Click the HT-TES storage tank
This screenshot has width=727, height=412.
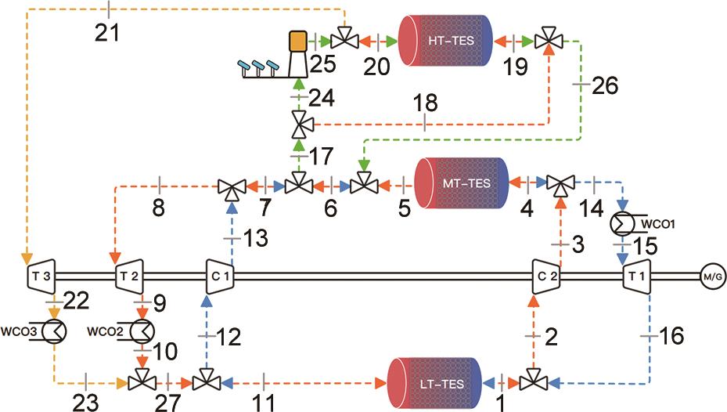(446, 38)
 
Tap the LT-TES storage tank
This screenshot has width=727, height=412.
(436, 383)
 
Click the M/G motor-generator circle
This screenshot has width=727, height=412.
(712, 276)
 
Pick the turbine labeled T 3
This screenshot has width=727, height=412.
(41, 276)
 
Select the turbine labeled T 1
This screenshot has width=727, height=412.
(632, 276)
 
